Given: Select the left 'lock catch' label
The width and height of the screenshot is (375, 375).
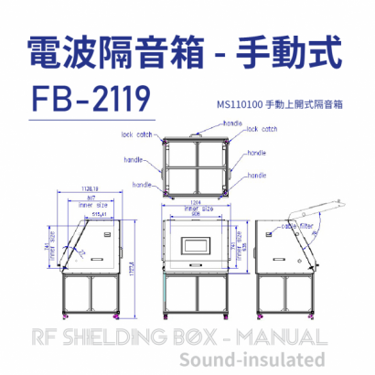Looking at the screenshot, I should (x=136, y=133).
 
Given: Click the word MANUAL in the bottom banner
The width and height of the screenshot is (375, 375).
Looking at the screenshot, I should (x=278, y=336).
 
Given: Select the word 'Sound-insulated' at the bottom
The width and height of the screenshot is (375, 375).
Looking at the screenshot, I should (x=252, y=359).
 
